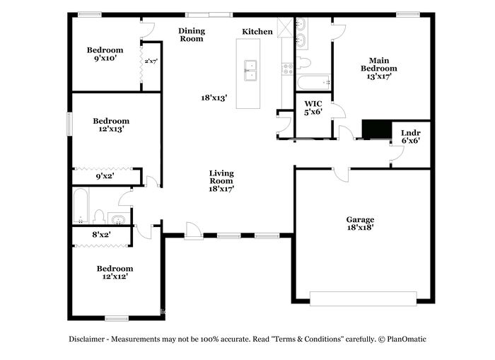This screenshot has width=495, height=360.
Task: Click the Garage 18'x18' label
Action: [x=360, y=223]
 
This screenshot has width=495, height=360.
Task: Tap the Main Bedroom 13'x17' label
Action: [x=379, y=68]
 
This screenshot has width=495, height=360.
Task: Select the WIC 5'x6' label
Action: [x=313, y=108]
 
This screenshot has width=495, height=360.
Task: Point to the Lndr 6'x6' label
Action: [x=411, y=137]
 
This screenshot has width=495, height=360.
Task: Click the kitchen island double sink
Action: [x=250, y=71]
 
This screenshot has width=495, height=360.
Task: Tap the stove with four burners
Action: [x=288, y=69]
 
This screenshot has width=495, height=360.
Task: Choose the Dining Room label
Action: [x=192, y=35]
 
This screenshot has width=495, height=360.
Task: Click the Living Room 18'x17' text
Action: [x=221, y=181]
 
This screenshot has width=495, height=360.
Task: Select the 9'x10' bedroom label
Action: [x=105, y=54]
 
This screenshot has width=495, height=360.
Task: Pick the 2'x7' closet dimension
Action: [x=151, y=62]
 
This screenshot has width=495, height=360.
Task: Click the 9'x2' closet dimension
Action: [x=105, y=176]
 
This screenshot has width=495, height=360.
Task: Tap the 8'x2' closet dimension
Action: [x=101, y=235]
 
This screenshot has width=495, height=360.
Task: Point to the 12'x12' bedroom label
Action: [x=115, y=272]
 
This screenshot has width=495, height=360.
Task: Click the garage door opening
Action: [x=363, y=298]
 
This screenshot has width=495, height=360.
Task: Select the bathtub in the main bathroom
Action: [x=313, y=83]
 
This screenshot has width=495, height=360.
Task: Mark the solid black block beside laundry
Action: [x=377, y=129]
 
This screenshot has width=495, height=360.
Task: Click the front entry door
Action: [x=193, y=231]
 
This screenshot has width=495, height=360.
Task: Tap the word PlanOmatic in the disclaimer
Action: [x=407, y=339]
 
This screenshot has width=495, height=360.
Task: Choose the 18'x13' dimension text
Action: [x=214, y=98]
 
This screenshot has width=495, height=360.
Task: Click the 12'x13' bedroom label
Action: [x=111, y=125]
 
